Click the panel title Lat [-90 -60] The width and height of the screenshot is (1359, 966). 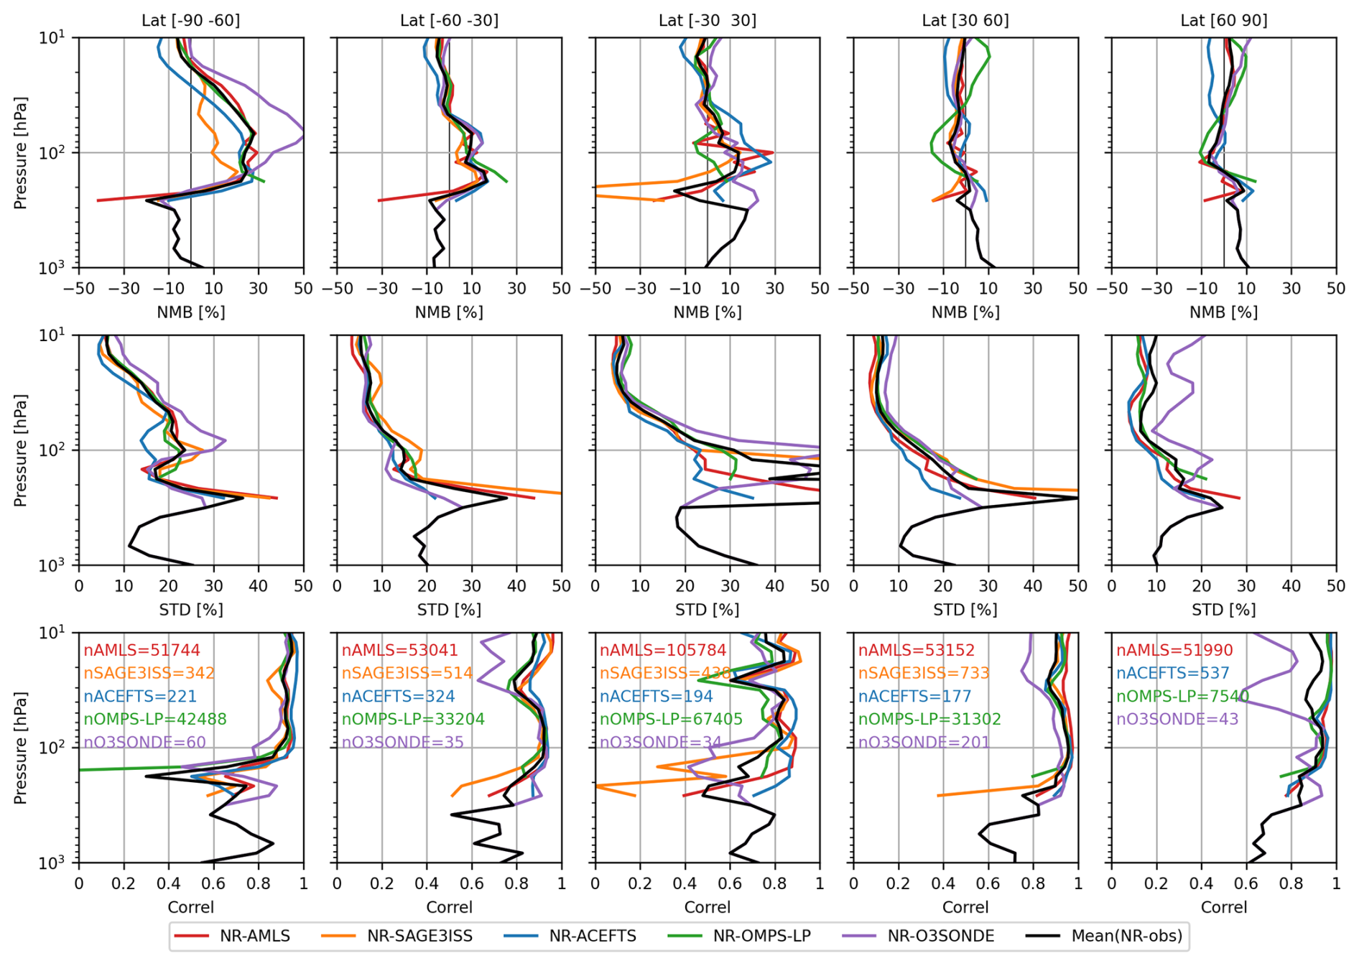(190, 20)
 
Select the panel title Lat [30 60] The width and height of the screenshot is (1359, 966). (965, 20)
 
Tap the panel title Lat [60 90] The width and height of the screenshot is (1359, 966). (1223, 20)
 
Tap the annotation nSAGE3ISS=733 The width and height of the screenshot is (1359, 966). (924, 673)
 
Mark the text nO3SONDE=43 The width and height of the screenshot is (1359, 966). (1177, 719)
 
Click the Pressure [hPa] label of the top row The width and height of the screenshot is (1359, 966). (20, 152)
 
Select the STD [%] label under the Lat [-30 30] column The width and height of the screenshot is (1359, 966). (707, 610)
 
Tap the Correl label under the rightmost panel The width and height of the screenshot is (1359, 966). (1223, 907)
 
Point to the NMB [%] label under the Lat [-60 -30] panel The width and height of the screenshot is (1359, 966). (449, 312)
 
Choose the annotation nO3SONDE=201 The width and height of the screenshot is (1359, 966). (924, 742)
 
